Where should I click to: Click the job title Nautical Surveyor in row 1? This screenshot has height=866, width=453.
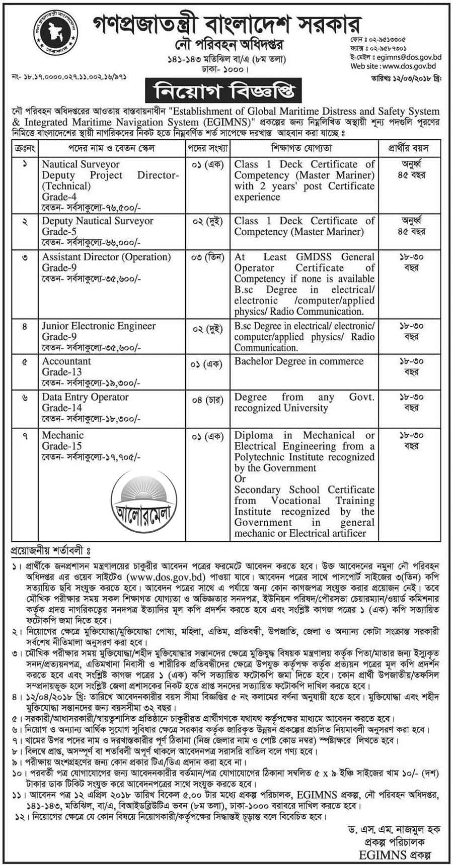(x=81, y=164)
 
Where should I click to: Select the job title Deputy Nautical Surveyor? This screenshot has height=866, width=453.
(x=98, y=221)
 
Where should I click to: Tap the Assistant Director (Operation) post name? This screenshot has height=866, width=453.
(x=107, y=257)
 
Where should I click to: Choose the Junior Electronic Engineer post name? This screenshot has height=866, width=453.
(x=99, y=326)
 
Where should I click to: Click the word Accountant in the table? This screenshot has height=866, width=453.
(x=66, y=361)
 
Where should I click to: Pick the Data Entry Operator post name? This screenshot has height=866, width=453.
(x=86, y=397)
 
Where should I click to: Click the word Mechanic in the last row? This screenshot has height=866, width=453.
(x=63, y=435)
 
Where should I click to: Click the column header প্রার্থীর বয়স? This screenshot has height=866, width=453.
(x=408, y=149)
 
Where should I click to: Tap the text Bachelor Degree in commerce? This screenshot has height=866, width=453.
(x=298, y=361)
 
